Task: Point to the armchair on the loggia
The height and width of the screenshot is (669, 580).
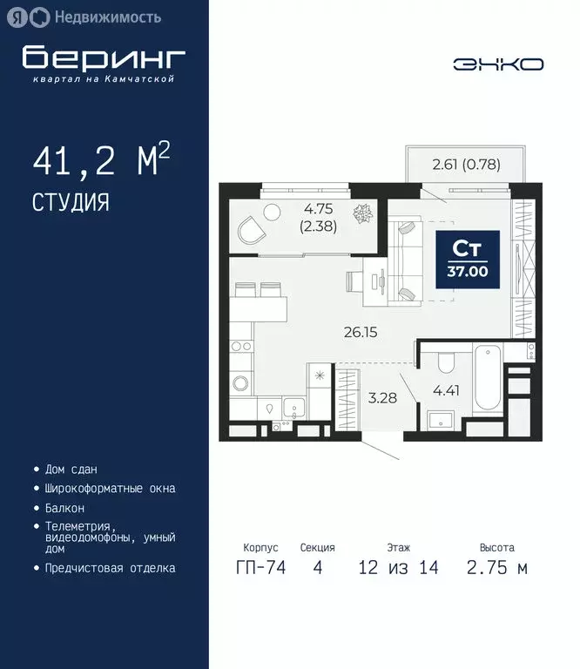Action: tap(252, 231)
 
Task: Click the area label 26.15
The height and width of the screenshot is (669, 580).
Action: tap(357, 332)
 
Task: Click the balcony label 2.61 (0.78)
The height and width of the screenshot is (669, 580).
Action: tap(466, 163)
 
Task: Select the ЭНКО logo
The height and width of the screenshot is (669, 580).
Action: tap(498, 64)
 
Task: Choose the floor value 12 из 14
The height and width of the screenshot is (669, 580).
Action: tap(399, 568)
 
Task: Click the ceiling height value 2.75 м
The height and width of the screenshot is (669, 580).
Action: tap(496, 568)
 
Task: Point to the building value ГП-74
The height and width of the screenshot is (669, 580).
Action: tap(261, 568)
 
